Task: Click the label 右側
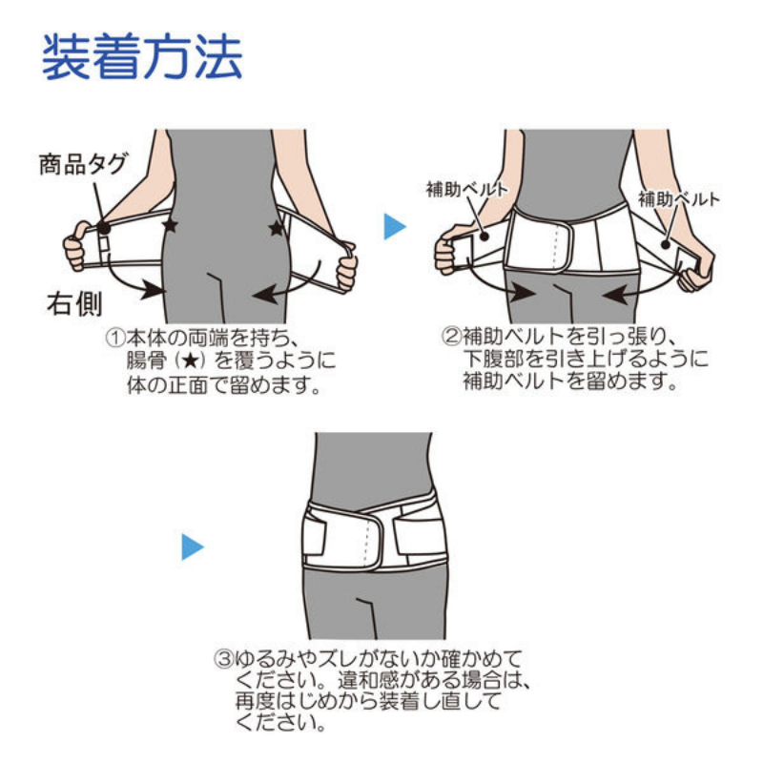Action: coord(74,303)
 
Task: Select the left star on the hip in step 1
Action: coord(170,224)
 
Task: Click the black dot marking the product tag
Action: coord(103,228)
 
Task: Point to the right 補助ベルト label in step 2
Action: coord(679,199)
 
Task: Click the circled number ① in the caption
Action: coord(115,338)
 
